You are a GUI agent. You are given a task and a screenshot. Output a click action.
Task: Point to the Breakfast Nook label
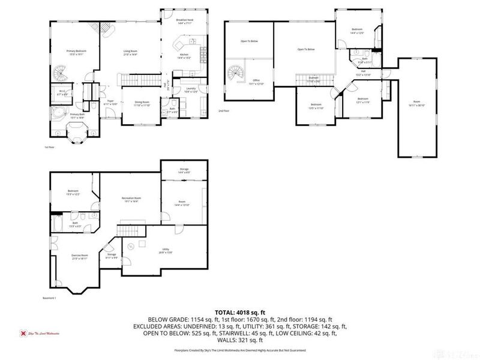(x=185, y=20)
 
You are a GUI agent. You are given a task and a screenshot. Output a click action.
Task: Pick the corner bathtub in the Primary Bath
(x=58, y=113)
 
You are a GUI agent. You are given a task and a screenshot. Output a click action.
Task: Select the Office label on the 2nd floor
(x=256, y=81)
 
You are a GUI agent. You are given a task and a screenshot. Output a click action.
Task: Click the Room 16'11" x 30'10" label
(x=417, y=104)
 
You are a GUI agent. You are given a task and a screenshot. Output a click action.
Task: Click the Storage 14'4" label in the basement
(x=184, y=171)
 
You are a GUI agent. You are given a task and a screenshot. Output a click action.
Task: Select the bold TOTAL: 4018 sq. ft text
(x=239, y=312)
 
